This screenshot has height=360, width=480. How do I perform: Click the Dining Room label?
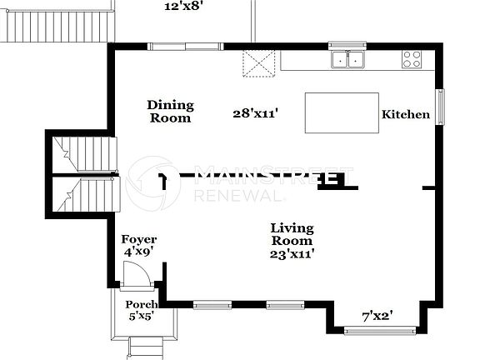[x=171, y=112]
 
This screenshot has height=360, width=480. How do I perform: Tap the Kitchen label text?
[x=406, y=115]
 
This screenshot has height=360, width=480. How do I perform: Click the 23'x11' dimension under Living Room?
[x=292, y=253]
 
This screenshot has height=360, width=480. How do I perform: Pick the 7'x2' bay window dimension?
[x=377, y=316]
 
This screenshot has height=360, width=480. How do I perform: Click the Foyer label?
[x=139, y=239]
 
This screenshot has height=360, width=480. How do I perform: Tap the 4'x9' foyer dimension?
[x=139, y=251]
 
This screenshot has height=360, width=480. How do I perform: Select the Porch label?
[x=141, y=304]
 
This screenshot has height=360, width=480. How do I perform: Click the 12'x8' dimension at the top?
[x=185, y=6]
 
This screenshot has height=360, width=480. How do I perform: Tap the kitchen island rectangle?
[x=342, y=112]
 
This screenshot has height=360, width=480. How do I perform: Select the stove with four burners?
[x=412, y=59]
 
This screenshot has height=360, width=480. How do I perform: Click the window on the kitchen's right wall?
[x=441, y=106]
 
